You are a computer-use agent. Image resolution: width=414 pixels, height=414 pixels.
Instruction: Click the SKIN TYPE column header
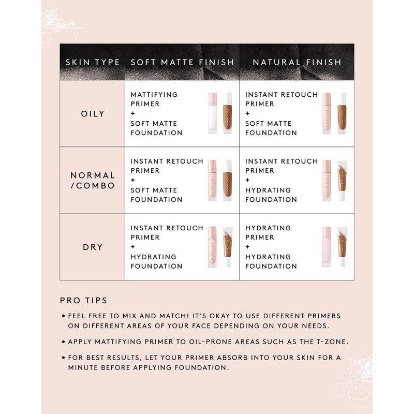click(x=93, y=62)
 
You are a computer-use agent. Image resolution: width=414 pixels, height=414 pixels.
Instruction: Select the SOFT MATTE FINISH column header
click(x=182, y=62)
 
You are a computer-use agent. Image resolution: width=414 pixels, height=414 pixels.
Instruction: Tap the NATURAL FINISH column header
click(x=297, y=62)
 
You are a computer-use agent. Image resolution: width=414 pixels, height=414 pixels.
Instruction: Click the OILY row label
click(x=93, y=114)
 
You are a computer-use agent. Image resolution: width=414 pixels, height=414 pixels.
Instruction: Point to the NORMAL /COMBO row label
click(x=93, y=181)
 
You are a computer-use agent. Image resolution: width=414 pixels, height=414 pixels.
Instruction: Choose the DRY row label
click(x=93, y=247)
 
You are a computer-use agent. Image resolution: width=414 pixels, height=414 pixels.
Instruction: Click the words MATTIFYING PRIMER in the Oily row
click(x=154, y=99)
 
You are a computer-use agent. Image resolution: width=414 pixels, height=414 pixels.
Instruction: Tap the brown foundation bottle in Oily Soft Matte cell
click(x=227, y=113)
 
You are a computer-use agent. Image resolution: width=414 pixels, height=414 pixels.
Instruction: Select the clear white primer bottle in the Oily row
click(x=213, y=113)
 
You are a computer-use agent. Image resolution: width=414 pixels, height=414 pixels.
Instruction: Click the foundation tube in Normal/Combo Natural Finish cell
click(x=341, y=180)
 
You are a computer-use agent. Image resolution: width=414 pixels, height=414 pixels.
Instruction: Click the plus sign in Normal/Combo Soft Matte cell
click(x=133, y=181)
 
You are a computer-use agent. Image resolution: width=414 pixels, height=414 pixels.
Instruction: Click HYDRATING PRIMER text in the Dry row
click(x=268, y=232)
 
